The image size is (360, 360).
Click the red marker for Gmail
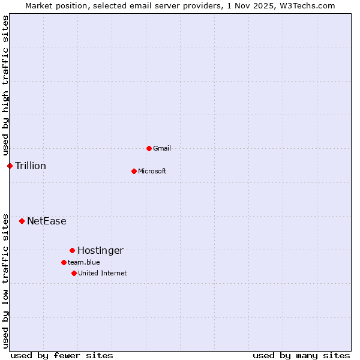[x=149, y=148]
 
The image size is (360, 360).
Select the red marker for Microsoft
[x=134, y=171]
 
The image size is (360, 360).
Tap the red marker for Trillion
[x=10, y=166]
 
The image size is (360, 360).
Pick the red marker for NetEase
[x=22, y=221]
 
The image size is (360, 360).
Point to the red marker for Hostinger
[x=72, y=250]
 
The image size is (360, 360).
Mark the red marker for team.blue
[x=64, y=262]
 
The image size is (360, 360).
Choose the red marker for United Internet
[x=74, y=273]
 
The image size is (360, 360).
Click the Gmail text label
[x=162, y=148]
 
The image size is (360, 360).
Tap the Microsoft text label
[x=152, y=171]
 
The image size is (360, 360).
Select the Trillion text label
[x=31, y=166]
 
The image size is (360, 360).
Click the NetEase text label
[x=46, y=221]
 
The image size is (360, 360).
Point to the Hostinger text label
[x=100, y=250]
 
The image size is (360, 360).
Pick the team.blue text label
[x=83, y=262]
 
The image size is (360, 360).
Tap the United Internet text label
[x=102, y=273]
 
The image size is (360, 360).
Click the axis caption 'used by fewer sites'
[x=62, y=355]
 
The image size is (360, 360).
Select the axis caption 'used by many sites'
[x=301, y=355]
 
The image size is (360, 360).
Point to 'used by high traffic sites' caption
[x=5, y=85]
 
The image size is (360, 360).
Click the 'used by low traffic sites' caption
[x=5, y=281]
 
